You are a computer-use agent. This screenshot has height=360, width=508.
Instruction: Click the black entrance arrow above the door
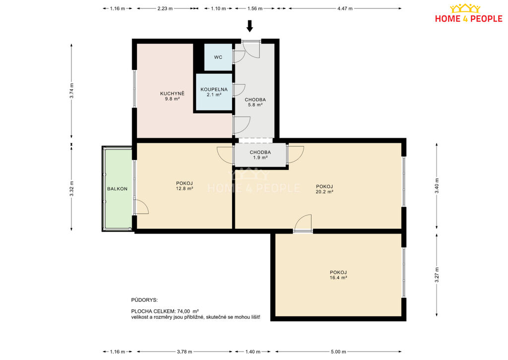250,26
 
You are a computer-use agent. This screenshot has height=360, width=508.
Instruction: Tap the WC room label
218,57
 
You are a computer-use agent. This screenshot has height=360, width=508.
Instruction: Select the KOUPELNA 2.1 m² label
214,92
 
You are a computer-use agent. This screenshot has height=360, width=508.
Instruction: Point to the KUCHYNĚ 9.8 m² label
172,96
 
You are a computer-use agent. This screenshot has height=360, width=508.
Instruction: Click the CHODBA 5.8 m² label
255,102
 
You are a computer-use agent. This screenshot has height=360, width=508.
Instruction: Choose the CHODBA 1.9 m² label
260,155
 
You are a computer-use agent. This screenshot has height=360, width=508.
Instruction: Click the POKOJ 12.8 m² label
185,186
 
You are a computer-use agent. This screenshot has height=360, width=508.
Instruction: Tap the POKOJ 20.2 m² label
324,189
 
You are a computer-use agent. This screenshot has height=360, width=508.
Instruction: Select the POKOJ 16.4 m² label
338,275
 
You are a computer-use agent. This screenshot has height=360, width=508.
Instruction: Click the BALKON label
117,189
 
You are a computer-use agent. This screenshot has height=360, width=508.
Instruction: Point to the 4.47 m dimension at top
345,8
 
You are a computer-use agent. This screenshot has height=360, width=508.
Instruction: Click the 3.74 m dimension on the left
71,91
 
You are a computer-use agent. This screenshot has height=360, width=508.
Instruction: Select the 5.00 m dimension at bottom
338,352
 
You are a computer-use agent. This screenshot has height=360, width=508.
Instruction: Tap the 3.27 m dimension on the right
437,275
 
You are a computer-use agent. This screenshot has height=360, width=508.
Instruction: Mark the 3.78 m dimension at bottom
185,352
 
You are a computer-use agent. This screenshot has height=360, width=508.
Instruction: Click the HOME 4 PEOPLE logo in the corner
468,13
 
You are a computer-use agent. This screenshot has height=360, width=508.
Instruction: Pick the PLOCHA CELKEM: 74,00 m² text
165,311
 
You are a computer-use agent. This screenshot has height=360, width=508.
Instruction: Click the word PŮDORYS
144,300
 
